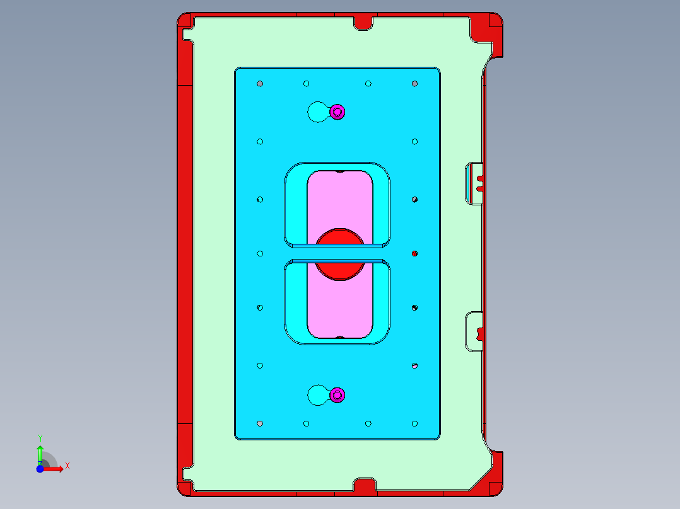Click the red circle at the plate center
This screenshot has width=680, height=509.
pyautogui.click(x=340, y=254)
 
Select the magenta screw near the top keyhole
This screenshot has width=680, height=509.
pyautogui.click(x=337, y=112)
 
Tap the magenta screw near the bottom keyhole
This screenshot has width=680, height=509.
pyautogui.click(x=337, y=395)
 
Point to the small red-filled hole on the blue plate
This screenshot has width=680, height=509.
pyautogui.click(x=414, y=253)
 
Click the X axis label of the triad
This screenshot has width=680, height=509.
pyautogui.click(x=67, y=466)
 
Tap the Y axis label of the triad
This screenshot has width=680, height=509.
pyautogui.click(x=40, y=438)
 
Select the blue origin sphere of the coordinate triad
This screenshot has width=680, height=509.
pyautogui.click(x=40, y=469)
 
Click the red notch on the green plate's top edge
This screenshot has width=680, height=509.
pyautogui.click(x=363, y=22)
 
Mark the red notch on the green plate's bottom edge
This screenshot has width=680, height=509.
pyautogui.click(x=364, y=486)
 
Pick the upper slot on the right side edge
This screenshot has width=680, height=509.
pyautogui.click(x=474, y=183)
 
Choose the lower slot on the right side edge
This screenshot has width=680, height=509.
pyautogui.click(x=474, y=331)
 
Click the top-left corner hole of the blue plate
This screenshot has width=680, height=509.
pyautogui.click(x=260, y=84)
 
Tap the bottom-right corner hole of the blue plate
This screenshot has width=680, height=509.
pyautogui.click(x=414, y=423)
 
